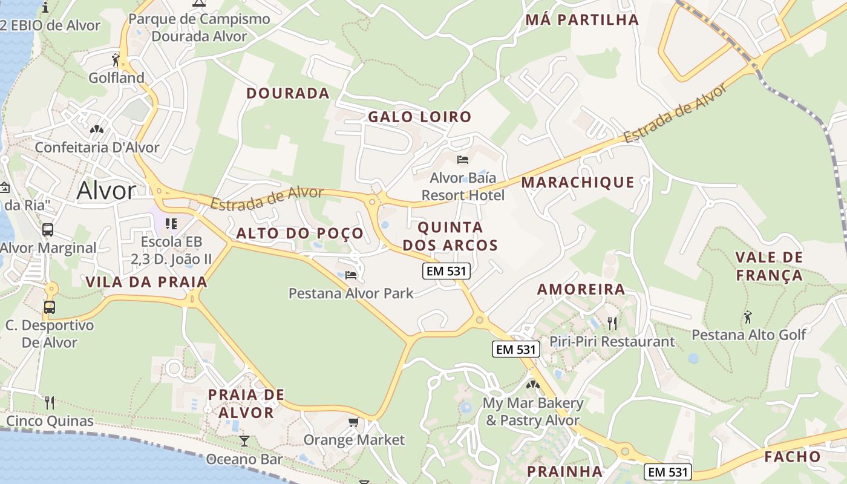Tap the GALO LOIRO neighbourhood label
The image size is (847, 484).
(419, 117)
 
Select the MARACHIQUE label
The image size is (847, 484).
(578, 182)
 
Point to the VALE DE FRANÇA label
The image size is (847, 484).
(769, 266)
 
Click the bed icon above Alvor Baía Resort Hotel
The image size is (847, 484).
(463, 160)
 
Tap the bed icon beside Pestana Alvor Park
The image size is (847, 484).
(351, 275)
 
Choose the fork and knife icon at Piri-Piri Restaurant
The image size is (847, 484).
(612, 324)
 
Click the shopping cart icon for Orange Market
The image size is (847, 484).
(353, 422)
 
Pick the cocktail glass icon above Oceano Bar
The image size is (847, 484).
(244, 440)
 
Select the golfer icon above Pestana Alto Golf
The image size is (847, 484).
(748, 316)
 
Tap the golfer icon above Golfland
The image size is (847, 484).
(116, 59)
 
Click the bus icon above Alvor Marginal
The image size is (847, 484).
(48, 230)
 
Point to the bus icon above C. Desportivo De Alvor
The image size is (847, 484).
(50, 307)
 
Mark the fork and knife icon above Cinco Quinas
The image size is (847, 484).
(50, 402)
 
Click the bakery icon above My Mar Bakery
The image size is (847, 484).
(532, 384)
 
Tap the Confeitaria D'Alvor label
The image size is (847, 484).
(97, 147)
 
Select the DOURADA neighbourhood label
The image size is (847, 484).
(287, 93)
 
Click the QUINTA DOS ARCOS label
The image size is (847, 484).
(450, 236)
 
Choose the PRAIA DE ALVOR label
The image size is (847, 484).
(246, 404)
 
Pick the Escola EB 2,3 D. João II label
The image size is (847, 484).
(172, 250)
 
